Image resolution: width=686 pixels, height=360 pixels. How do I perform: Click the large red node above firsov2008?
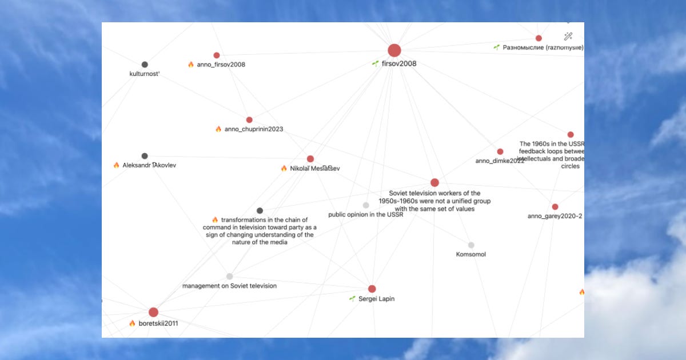[394, 50]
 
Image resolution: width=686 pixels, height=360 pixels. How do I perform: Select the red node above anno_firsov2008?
[217, 55]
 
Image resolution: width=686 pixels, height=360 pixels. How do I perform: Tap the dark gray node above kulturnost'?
[145, 65]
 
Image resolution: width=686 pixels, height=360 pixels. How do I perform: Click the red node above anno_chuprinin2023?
[249, 120]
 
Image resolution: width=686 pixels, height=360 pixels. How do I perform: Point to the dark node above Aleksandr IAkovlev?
[145, 156]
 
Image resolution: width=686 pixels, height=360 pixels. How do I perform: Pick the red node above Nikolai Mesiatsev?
[310, 159]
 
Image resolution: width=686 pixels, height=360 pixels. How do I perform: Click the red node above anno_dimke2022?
[500, 151]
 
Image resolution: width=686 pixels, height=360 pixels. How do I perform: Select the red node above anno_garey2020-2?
[555, 207]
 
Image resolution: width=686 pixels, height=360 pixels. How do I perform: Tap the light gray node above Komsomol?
[471, 245]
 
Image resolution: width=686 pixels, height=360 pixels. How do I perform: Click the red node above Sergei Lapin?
[372, 289]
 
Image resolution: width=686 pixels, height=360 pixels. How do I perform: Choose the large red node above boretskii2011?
[153, 312]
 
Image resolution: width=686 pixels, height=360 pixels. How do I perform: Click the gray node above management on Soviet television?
[229, 277]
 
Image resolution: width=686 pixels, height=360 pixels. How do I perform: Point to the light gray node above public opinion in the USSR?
[366, 205]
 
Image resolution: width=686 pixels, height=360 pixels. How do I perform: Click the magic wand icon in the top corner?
[568, 36]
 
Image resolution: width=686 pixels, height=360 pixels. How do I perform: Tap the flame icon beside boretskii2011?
[133, 323]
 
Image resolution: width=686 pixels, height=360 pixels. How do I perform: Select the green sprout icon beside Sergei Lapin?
[353, 299]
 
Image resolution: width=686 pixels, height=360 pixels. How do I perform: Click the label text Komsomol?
[471, 254]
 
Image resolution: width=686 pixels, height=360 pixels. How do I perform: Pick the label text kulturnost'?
[145, 74]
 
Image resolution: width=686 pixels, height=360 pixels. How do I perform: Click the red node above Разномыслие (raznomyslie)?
[539, 38]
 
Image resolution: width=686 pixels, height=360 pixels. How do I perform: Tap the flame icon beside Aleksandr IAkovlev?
[117, 165]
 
